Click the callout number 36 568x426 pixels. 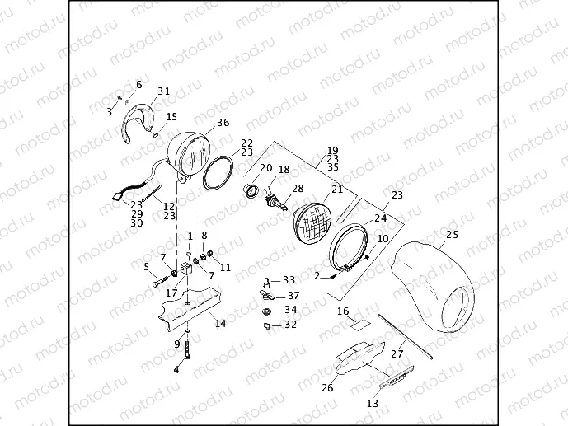[x=223, y=123]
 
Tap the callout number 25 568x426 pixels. [x=452, y=235]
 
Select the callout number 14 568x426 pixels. [x=220, y=323]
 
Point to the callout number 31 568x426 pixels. [x=163, y=91]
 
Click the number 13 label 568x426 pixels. [x=373, y=403]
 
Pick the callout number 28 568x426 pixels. [x=298, y=188]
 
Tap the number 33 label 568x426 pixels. [x=289, y=280]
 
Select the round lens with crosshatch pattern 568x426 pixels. [x=314, y=223]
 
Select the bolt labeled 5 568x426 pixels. [x=161, y=281]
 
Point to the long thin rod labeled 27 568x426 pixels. [x=405, y=336]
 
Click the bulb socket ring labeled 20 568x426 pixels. [x=250, y=190]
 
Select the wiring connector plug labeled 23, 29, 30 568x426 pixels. [x=117, y=197]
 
